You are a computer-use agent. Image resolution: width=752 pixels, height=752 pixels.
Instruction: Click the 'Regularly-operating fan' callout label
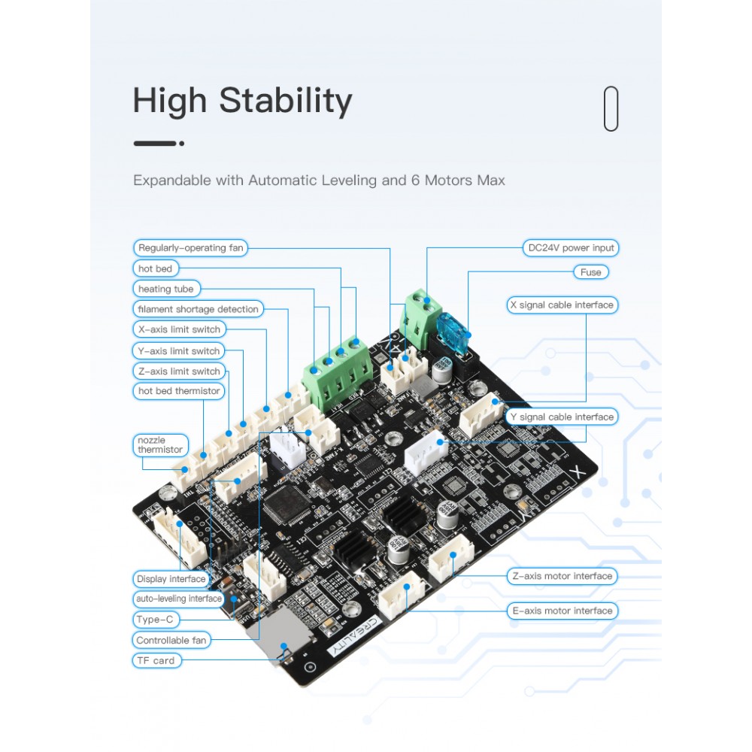pos(190,248)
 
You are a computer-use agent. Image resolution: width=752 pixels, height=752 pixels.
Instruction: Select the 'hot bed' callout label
pos(156,268)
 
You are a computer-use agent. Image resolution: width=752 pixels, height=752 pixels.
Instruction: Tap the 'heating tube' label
pos(166,289)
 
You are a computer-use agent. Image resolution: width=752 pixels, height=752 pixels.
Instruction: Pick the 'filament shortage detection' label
pos(198,309)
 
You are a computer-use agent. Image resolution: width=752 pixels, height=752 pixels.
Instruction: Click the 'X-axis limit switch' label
pos(179,329)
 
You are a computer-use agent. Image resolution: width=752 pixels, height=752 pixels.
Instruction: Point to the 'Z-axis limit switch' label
pos(179,371)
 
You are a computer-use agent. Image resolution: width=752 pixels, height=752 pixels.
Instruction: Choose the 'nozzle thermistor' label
pos(160,445)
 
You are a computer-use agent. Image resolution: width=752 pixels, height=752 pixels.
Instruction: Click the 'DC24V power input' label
pos(571,248)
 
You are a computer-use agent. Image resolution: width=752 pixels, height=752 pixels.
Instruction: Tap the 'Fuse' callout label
pos(591,272)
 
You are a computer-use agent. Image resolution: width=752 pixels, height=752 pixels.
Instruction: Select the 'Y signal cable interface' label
pos(562,417)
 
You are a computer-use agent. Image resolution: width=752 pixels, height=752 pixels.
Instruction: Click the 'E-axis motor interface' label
pos(562,611)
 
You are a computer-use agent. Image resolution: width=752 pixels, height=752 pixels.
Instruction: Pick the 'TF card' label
pos(156,661)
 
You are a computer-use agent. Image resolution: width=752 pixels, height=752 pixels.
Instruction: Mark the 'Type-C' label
pos(155,620)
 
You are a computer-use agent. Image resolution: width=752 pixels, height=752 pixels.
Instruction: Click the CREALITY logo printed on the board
pos(356,636)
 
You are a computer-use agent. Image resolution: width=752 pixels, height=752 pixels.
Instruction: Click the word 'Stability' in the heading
pos(285,101)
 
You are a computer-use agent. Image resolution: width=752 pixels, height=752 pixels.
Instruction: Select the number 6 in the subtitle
pos(415,180)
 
